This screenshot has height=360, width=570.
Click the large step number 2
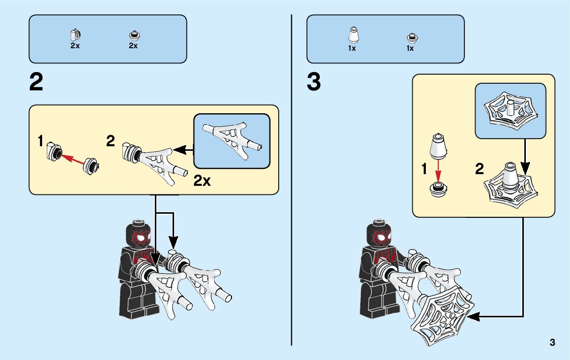[x=37, y=83]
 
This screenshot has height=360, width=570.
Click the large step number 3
[x=314, y=83]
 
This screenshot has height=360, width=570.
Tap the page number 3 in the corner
[x=552, y=342]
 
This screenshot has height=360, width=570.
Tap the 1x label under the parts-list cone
[x=352, y=49]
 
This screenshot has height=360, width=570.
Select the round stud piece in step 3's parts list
[x=410, y=38]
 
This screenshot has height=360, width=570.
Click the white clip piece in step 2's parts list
[x=75, y=35]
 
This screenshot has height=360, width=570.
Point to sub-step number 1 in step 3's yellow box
[x=424, y=170]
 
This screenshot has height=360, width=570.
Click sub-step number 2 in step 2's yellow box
[x=111, y=142]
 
